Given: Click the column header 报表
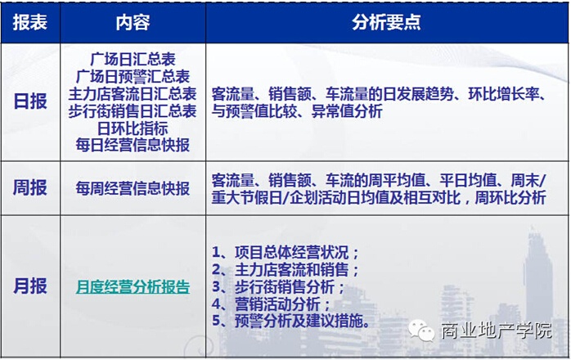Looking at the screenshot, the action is (x=30, y=22).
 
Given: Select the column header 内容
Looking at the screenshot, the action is (x=133, y=22).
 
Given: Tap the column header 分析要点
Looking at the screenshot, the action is (x=386, y=22).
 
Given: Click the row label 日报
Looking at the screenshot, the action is (x=30, y=101).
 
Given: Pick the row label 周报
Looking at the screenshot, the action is (x=30, y=187).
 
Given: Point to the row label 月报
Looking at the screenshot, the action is (x=30, y=286).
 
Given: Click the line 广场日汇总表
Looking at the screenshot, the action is (x=133, y=59).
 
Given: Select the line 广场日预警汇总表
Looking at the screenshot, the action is (x=133, y=77).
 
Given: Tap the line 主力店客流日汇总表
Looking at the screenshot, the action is (x=133, y=93).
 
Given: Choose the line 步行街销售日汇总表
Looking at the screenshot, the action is (x=133, y=111).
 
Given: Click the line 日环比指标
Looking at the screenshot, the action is (x=133, y=128).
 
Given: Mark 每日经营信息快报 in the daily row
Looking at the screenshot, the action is (x=133, y=145).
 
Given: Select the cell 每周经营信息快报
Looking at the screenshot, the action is (x=133, y=188).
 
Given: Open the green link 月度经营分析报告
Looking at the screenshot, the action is (x=133, y=286).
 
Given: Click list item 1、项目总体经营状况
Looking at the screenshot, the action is (x=285, y=252).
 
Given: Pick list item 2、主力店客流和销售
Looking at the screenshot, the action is (x=285, y=270).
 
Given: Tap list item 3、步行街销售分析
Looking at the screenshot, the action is (x=278, y=286).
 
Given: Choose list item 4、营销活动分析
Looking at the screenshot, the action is (x=272, y=304).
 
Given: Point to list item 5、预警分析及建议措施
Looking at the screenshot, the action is (x=291, y=321).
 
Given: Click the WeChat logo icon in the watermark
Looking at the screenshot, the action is (x=421, y=331).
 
